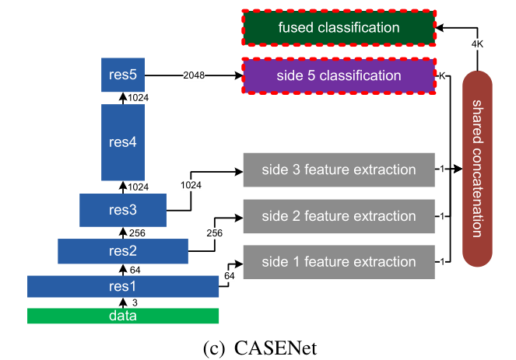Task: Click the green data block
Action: [123, 316]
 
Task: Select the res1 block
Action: [123, 285]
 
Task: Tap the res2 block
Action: [123, 250]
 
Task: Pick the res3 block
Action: [123, 210]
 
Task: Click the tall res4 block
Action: [123, 142]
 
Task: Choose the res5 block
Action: [123, 75]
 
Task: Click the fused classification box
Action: [339, 28]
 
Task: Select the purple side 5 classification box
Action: [339, 76]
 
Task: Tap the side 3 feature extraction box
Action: [339, 170]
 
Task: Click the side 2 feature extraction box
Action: [339, 215]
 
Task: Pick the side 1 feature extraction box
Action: [339, 261]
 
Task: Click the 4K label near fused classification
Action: [476, 44]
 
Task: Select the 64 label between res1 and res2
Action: [135, 269]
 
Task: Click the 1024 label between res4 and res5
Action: [138, 97]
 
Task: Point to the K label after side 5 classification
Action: [441, 76]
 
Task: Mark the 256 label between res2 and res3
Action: [138, 232]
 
